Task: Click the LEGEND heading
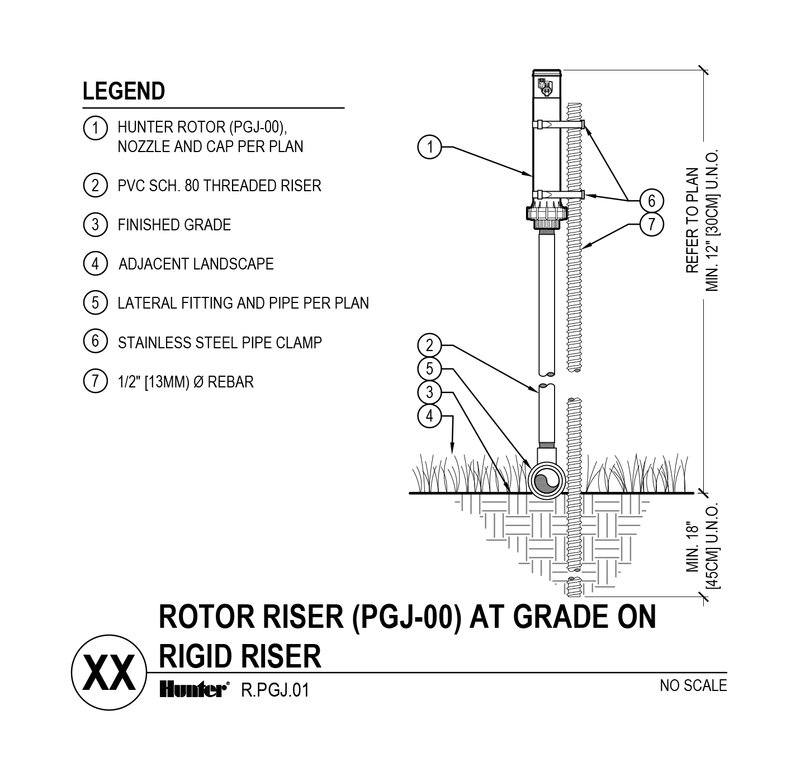coord(124,91)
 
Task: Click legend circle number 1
coord(95,128)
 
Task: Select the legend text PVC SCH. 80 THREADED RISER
coord(219,186)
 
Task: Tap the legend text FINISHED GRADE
coord(174,225)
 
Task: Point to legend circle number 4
coord(95,263)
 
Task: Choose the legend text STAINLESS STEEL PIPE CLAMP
coord(220,342)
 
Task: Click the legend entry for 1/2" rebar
coord(185,382)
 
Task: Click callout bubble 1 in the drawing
coord(429,147)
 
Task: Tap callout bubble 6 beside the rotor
coord(651,200)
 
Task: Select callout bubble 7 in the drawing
coord(651,224)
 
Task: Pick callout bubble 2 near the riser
coord(429,345)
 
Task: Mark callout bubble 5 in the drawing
coord(429,369)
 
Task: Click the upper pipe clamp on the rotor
coord(559,124)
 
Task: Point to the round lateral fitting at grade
coord(545,481)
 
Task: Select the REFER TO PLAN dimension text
coord(693,220)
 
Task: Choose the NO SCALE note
coord(693,685)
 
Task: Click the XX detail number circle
coord(109,674)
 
